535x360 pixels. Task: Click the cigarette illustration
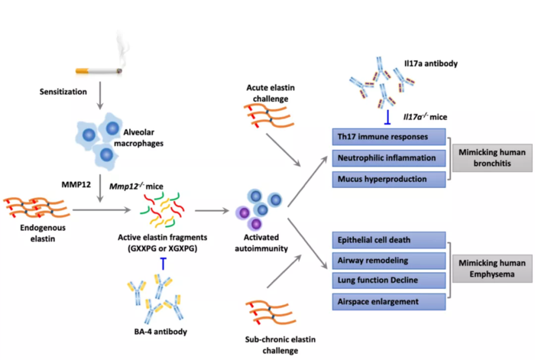99,71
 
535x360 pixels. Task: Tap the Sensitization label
63,92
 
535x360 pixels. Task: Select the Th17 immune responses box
389,137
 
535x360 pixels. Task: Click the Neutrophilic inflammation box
389,158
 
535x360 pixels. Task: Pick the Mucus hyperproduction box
389,179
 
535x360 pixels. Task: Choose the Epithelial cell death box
389,240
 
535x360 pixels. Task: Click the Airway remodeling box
389,261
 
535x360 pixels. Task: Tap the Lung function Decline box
389,281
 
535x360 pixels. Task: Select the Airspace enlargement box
389,302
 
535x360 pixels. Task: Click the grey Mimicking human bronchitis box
492,157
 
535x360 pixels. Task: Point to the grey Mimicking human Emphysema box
492,268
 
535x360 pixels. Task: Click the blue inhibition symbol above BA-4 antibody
164,264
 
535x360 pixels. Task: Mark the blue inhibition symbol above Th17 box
387,117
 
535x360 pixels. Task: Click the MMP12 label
76,185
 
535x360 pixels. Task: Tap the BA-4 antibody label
160,331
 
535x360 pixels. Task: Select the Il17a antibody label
431,63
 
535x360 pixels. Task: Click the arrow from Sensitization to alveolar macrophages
100,96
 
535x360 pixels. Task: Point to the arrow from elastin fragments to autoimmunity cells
212,211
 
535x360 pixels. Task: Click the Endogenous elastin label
43,233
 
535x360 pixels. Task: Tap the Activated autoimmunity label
261,242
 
